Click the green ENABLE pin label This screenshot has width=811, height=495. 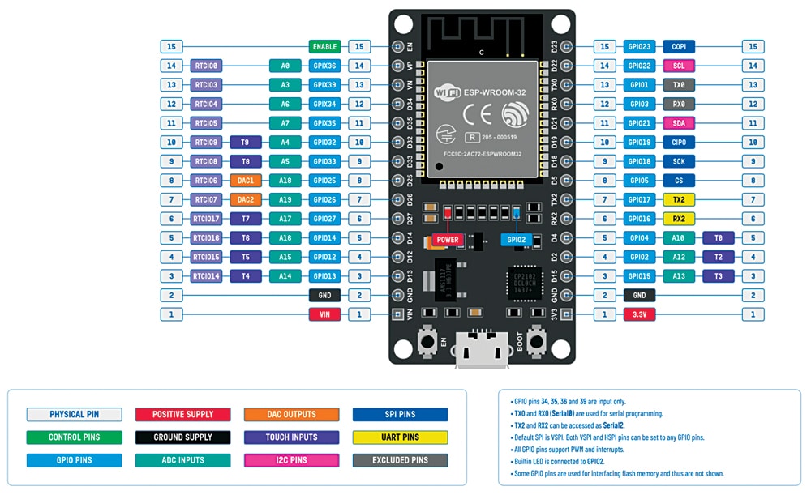tap(324, 47)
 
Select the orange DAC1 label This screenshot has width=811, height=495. tap(246, 181)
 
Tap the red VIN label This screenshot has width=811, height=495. tap(324, 314)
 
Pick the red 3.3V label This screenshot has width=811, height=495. tap(638, 314)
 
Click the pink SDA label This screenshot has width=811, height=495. tap(678, 123)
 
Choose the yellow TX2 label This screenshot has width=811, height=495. tap(678, 199)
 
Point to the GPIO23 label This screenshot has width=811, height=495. tap(638, 47)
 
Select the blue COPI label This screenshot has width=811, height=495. tap(678, 47)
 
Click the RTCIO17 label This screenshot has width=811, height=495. tap(206, 219)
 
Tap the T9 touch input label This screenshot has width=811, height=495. tap(246, 143)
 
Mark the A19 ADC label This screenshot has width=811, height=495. tap(285, 199)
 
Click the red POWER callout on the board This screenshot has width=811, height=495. tap(448, 240)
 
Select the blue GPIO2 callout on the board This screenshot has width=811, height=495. tap(516, 240)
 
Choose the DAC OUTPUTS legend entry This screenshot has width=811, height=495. tap(291, 415)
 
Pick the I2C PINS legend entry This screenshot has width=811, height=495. tap(291, 460)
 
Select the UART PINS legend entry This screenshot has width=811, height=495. tap(400, 437)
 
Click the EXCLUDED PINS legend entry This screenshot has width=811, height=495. tap(400, 460)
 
